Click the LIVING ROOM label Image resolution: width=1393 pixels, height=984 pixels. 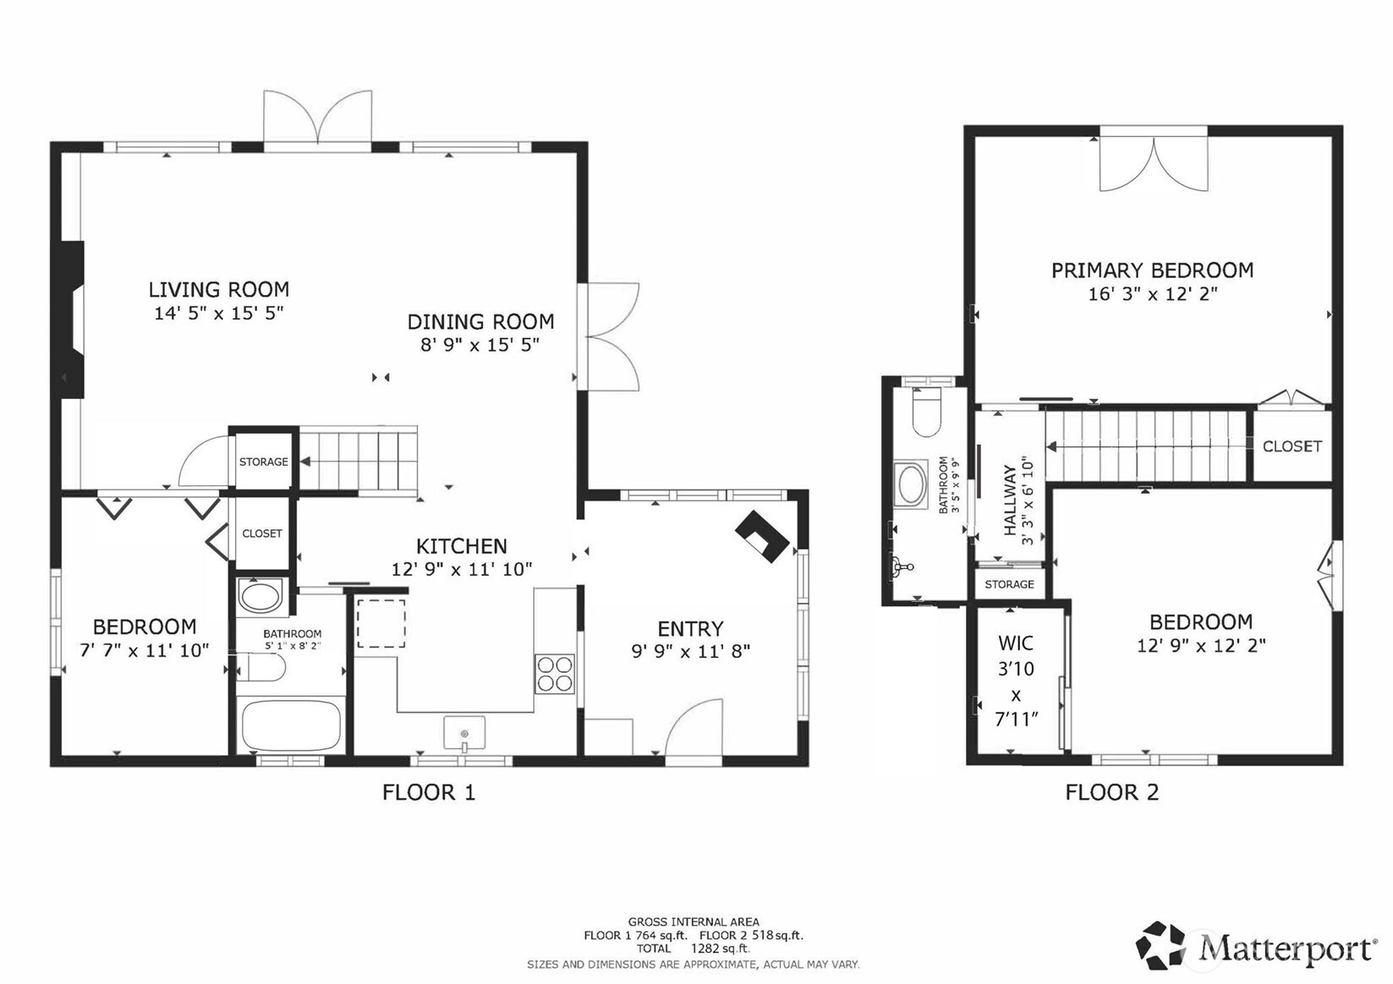pyautogui.click(x=218, y=290)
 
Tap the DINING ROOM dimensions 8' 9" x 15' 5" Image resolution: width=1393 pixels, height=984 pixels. pyautogui.click(x=480, y=345)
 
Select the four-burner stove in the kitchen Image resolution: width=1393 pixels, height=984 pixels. pyautogui.click(x=555, y=675)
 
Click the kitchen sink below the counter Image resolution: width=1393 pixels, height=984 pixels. pyautogui.click(x=464, y=733)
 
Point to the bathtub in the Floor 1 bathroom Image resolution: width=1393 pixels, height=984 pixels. pyautogui.click(x=291, y=725)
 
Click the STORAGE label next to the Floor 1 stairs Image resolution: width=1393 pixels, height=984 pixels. pyautogui.click(x=263, y=462)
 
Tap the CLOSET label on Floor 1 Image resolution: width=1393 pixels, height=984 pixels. pyautogui.click(x=262, y=533)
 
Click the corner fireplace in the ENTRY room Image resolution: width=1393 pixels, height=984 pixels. pyautogui.click(x=763, y=536)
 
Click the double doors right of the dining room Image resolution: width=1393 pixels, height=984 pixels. pyautogui.click(x=611, y=336)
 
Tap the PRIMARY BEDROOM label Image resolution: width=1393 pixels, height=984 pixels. pyautogui.click(x=1152, y=271)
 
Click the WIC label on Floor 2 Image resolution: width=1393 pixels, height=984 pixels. pyautogui.click(x=1015, y=643)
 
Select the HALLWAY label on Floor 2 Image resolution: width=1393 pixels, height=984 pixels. pyautogui.click(x=1010, y=500)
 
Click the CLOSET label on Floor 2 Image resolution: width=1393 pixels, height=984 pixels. pyautogui.click(x=1292, y=446)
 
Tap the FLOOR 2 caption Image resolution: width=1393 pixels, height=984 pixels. pyautogui.click(x=1111, y=792)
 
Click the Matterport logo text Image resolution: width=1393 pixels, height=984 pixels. pyautogui.click(x=1286, y=947)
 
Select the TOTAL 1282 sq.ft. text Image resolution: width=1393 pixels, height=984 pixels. pyautogui.click(x=693, y=948)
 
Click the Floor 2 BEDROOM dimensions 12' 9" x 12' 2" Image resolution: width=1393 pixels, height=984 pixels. pyautogui.click(x=1201, y=646)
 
